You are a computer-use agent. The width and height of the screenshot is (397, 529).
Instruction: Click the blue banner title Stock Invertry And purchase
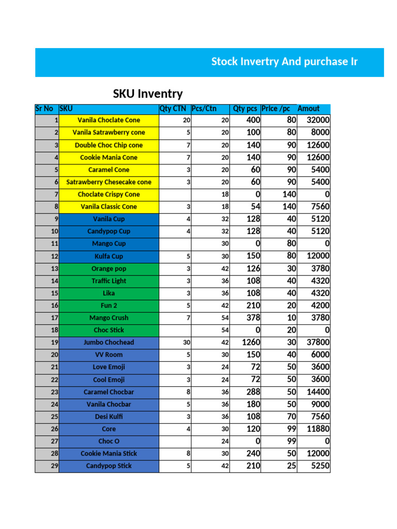[284, 62]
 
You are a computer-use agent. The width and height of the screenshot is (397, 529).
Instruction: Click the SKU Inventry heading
[148, 94]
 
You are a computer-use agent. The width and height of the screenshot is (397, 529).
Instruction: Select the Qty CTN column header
[173, 108]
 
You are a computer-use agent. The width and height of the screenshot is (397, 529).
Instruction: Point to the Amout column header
[309, 108]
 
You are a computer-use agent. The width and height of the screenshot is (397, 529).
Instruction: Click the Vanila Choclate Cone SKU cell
[109, 120]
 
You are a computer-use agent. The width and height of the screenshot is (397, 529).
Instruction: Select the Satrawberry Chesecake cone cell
[109, 182]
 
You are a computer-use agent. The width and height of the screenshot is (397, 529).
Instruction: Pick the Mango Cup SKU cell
[109, 243]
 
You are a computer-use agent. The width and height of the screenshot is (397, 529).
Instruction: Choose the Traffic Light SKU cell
[109, 281]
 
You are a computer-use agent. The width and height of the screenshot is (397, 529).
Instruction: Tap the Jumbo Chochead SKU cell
[109, 343]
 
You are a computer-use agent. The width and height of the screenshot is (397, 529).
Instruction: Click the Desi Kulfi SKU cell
[109, 416]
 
